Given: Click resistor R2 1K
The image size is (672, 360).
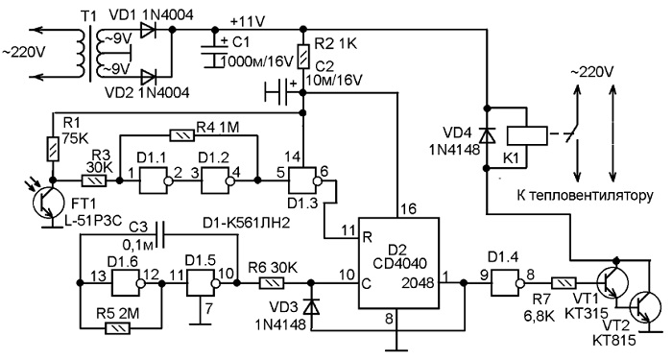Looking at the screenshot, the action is click(303, 57).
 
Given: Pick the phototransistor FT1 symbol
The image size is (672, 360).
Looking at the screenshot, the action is click(47, 204).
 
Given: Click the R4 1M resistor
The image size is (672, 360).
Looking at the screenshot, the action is click(182, 136).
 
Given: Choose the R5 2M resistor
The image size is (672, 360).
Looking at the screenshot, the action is click(119, 329).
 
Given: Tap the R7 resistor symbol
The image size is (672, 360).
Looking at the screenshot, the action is click(564, 283).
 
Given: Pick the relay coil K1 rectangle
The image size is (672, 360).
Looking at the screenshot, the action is click(527, 136).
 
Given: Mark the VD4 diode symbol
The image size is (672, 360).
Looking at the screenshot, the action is click(487, 136).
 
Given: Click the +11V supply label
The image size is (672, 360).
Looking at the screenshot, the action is click(247, 21).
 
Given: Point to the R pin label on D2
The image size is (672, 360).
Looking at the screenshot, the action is click(367, 237).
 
